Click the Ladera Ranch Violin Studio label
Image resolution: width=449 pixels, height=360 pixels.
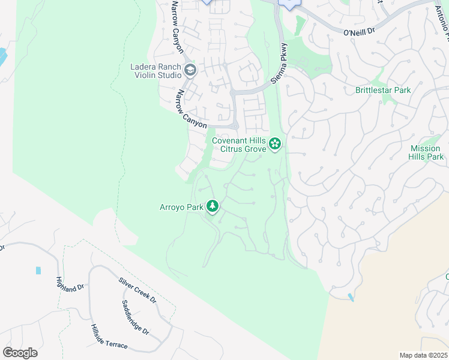click(x=156, y=71)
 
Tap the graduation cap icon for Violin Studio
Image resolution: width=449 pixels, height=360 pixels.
click(x=190, y=71)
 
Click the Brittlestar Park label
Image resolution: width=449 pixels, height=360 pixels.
click(x=382, y=90)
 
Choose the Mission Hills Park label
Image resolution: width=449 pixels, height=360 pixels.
click(x=427, y=152)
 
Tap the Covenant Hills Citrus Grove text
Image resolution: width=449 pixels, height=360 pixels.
click(x=239, y=145)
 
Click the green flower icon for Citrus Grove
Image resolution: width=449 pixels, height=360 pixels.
click(x=275, y=143)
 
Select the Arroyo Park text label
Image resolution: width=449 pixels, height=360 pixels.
click(x=182, y=207)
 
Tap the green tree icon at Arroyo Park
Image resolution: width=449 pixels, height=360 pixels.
click(x=212, y=207)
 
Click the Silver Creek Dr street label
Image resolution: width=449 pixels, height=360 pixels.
click(x=137, y=290)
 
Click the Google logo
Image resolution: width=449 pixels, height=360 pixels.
click(x=20, y=353)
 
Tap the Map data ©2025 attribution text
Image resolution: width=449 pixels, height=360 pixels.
click(x=423, y=355)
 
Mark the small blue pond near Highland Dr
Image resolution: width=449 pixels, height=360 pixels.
click(x=38, y=271)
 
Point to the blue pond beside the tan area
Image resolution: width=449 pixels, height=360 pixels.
click(x=351, y=298)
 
